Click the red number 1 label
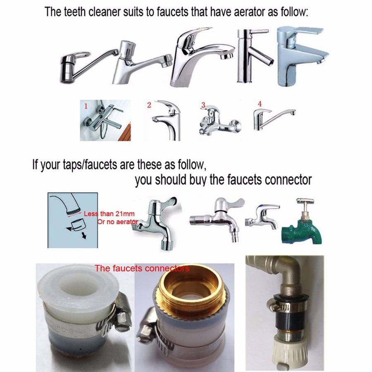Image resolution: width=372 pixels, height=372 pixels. click(x=86, y=106)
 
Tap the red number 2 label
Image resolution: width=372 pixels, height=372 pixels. click(x=149, y=105)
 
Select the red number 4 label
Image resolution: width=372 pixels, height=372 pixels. click(x=259, y=103)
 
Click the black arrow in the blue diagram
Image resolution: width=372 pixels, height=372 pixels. click(x=83, y=235)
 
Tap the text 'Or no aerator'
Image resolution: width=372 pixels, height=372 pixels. click(x=117, y=222)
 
